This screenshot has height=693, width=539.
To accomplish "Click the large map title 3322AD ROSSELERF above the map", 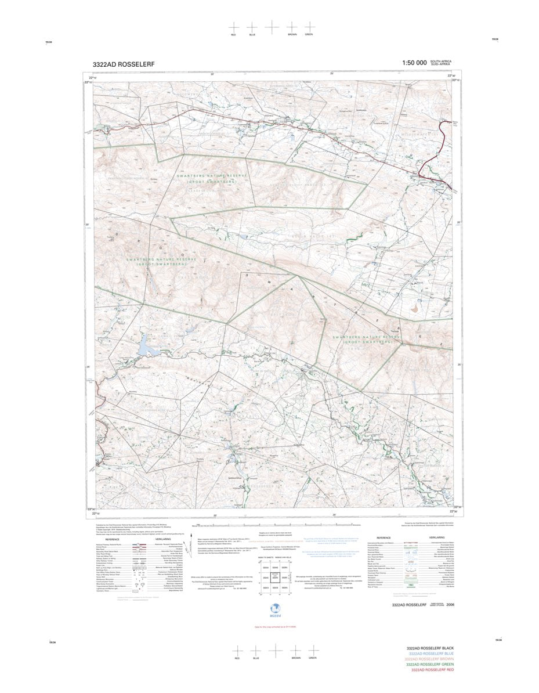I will point(123,64).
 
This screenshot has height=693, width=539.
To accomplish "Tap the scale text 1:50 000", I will point(414,63).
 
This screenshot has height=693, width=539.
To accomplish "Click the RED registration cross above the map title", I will point(233,27).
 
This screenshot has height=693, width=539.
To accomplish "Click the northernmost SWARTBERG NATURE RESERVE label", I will point(213,175).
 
